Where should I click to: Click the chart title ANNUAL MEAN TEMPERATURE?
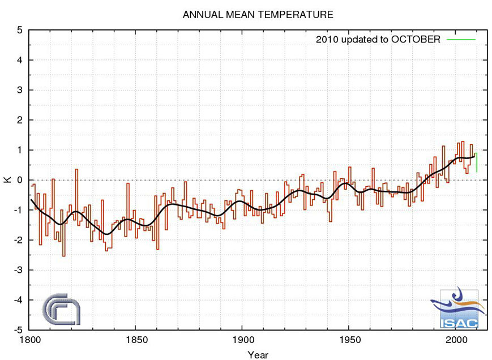[x=258, y=14]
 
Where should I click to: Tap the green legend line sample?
[x=461, y=40]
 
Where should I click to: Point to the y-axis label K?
[x=7, y=179]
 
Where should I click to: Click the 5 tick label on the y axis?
[x=20, y=30]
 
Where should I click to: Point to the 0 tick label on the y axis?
[x=20, y=180]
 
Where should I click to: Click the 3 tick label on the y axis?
[x=20, y=90]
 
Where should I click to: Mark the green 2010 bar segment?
[x=477, y=162]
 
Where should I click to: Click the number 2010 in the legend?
[x=326, y=40]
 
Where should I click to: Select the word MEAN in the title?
[x=234, y=14]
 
